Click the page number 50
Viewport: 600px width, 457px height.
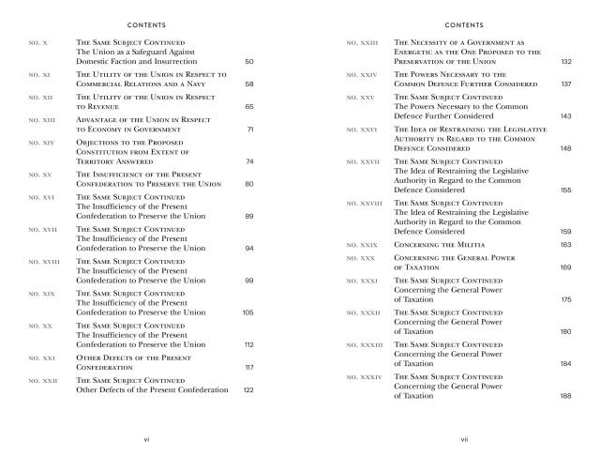coord(248,62)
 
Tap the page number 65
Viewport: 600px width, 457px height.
coord(248,108)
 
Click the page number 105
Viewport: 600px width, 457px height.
coord(247,312)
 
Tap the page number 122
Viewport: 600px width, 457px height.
coord(247,389)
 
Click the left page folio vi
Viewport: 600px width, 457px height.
coord(146,437)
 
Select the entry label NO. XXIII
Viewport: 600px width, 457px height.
coord(362,43)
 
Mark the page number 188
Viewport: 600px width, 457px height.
coord(565,396)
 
